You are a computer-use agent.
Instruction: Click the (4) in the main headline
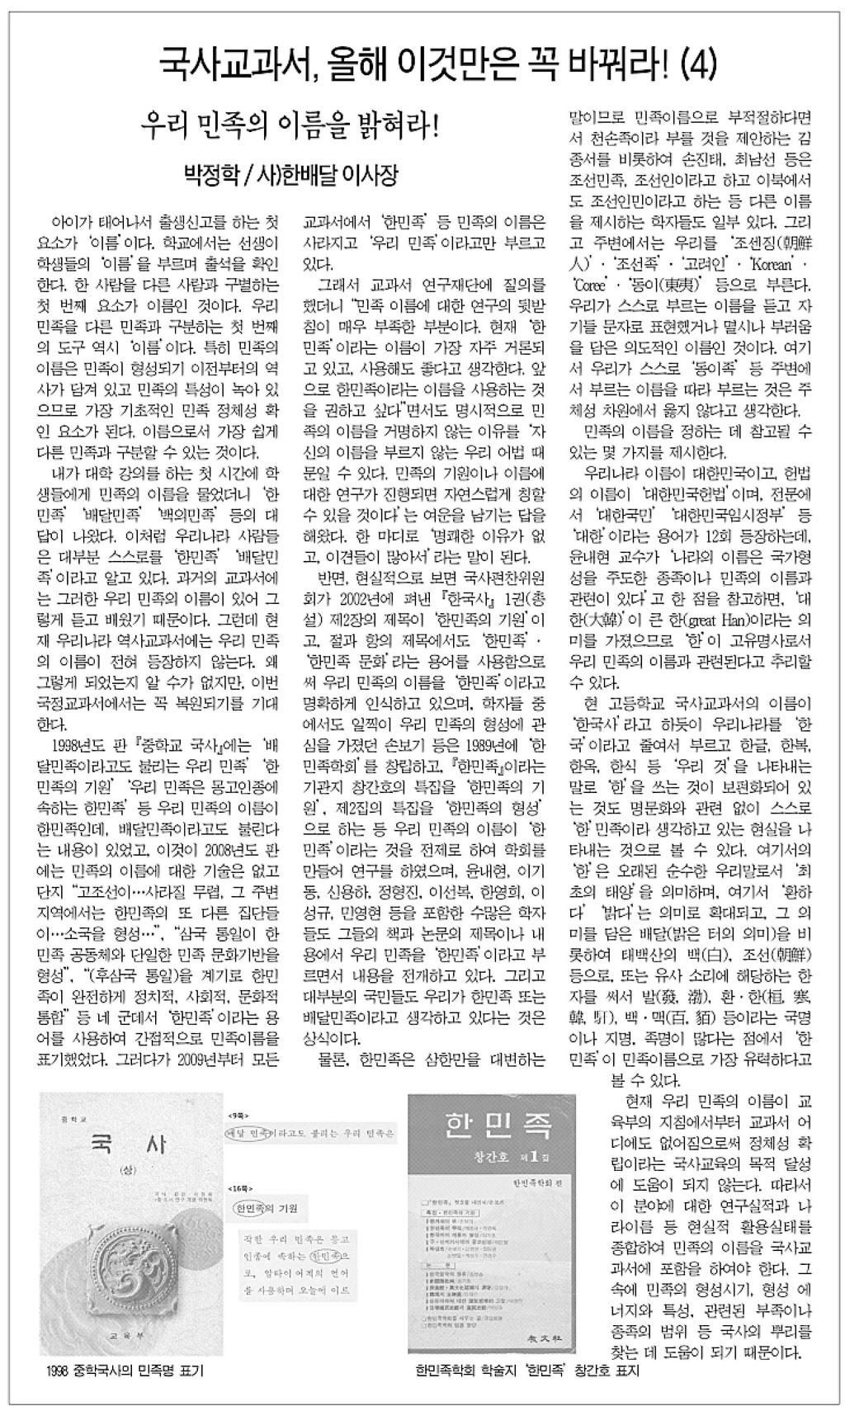click(x=694, y=59)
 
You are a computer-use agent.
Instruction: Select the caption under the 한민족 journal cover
click(x=528, y=1371)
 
